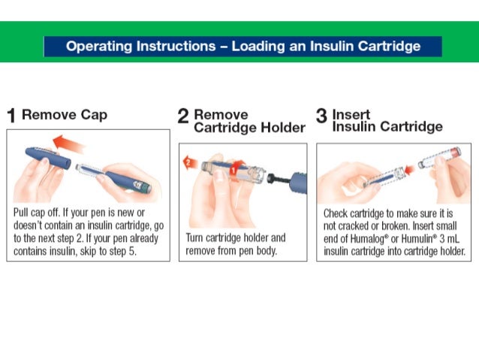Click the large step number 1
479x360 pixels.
(11, 116)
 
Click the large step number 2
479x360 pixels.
(183, 116)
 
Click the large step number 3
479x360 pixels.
(321, 116)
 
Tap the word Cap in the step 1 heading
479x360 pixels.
(94, 115)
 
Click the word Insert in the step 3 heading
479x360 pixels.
(351, 114)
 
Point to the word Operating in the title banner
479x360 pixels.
(98, 47)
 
